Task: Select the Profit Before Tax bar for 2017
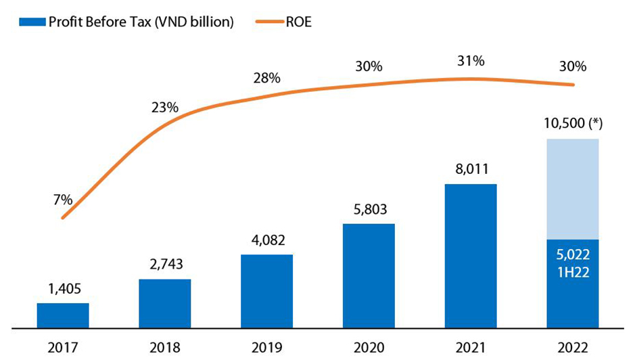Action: point(63,315)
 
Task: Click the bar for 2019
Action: point(266,291)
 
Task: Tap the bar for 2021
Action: point(471,256)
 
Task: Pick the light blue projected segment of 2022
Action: point(572,189)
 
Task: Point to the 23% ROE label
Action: point(165,107)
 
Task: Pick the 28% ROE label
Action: point(266,78)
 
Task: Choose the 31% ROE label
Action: point(471,61)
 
